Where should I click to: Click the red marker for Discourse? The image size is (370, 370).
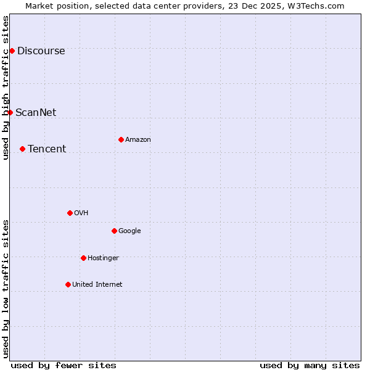12,51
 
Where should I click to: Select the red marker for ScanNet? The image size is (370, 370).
10,112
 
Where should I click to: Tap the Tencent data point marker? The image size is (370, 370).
22,149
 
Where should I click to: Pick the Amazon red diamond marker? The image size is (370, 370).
121,139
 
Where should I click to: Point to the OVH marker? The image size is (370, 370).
70,213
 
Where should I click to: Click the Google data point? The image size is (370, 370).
114,231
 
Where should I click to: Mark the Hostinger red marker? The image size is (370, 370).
83,258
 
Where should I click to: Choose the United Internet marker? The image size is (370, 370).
68,284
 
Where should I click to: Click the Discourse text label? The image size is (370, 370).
41,51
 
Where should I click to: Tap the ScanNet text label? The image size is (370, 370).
36,112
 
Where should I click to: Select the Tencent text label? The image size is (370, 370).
47,149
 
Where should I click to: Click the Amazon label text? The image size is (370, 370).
138,140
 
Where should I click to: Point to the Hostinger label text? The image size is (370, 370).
103,258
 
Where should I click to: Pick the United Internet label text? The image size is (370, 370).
97,284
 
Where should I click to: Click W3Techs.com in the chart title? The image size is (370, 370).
318,6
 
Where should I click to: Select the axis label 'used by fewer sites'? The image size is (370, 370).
64,365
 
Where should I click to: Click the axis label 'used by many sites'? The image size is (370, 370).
310,365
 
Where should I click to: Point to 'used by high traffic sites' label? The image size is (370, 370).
6,88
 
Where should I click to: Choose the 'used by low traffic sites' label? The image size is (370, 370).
6,289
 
